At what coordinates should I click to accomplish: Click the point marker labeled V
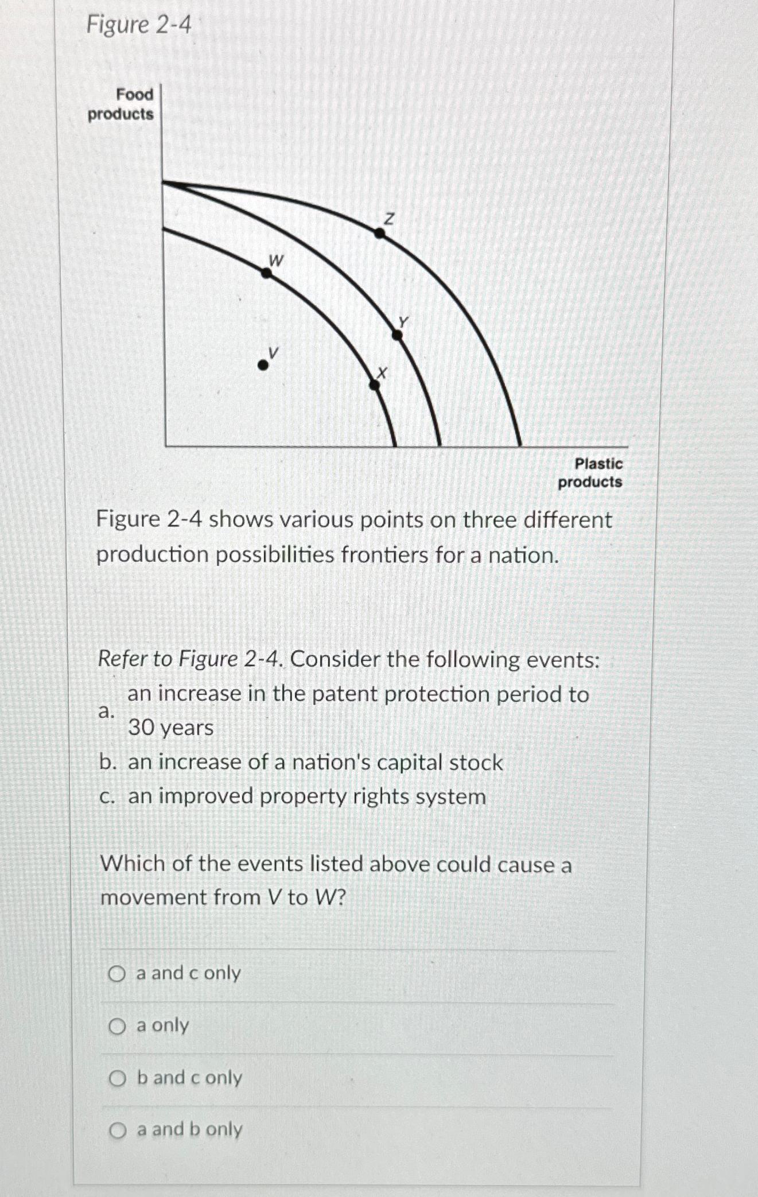pos(262,365)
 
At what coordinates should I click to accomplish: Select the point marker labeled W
pos(266,273)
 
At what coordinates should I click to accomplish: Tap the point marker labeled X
pos(375,385)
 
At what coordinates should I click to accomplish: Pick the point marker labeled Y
pos(397,335)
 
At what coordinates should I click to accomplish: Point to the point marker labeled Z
pos(380,232)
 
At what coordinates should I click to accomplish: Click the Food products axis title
pos(121,104)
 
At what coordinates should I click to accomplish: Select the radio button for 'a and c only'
pos(117,973)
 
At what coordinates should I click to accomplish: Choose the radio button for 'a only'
pos(117,1026)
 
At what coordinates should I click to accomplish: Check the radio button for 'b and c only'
pos(117,1079)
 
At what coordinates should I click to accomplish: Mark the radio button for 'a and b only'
pos(118,1130)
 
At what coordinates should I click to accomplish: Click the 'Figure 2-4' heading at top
pos(138,25)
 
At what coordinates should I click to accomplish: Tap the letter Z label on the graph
pos(390,219)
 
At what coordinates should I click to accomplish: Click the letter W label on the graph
pos(276,261)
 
